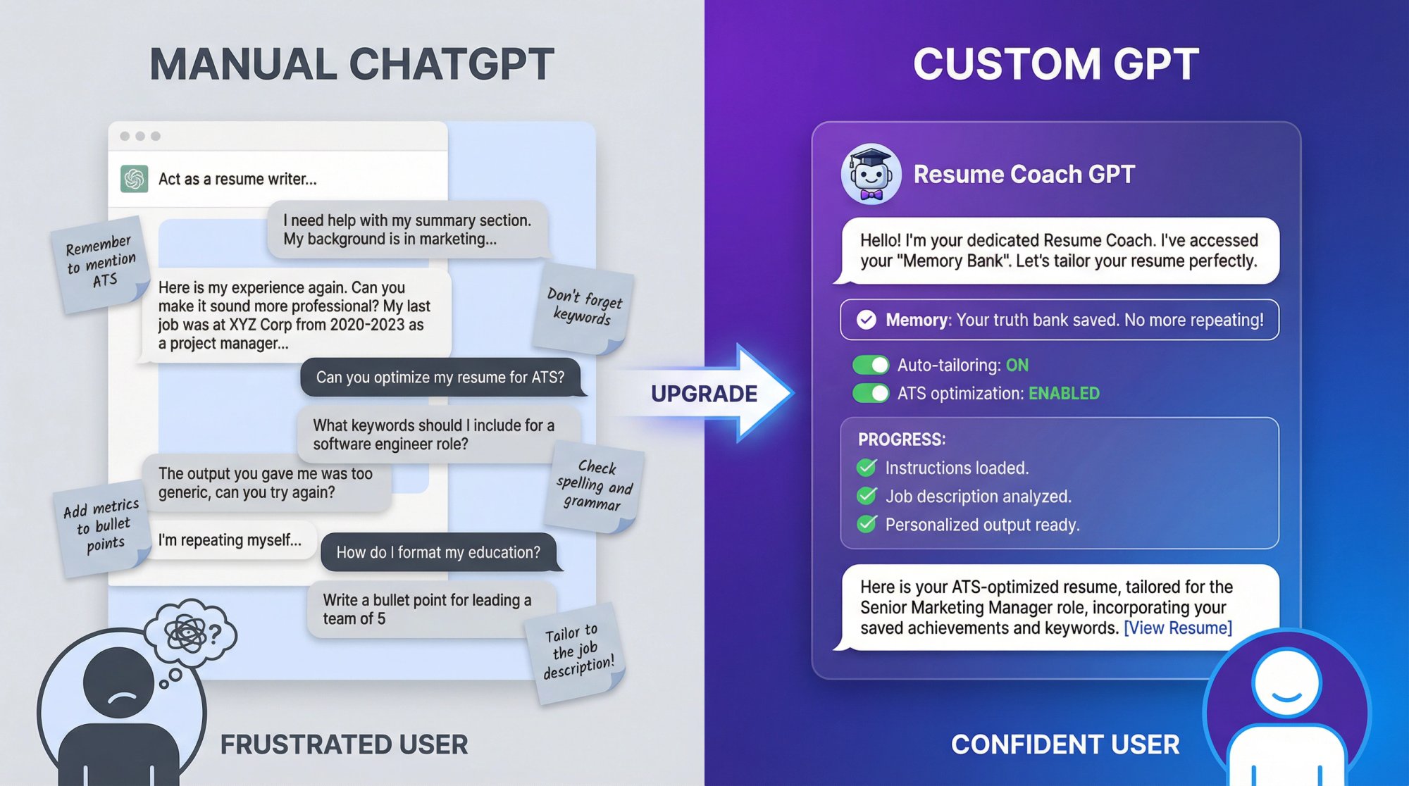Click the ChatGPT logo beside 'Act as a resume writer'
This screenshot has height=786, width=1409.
coord(134,179)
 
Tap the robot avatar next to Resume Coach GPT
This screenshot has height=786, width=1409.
coord(871,175)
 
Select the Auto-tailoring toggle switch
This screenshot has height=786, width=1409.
coord(871,365)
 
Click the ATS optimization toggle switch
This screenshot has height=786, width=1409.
coord(871,393)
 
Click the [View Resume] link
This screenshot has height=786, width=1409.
coord(1177,628)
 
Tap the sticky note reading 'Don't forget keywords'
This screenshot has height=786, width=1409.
coord(584,308)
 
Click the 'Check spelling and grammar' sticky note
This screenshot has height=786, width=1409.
coord(595,485)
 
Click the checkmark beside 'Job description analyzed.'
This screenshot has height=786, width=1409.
coord(867,496)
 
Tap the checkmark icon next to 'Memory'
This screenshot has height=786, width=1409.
coord(866,320)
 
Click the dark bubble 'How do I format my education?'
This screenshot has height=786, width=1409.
coord(438,552)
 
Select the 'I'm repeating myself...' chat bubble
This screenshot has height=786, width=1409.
coord(230,540)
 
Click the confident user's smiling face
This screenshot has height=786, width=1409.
coord(1286,682)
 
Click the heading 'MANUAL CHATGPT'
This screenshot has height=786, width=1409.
coord(352,64)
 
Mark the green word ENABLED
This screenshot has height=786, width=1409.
coord(1064,393)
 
